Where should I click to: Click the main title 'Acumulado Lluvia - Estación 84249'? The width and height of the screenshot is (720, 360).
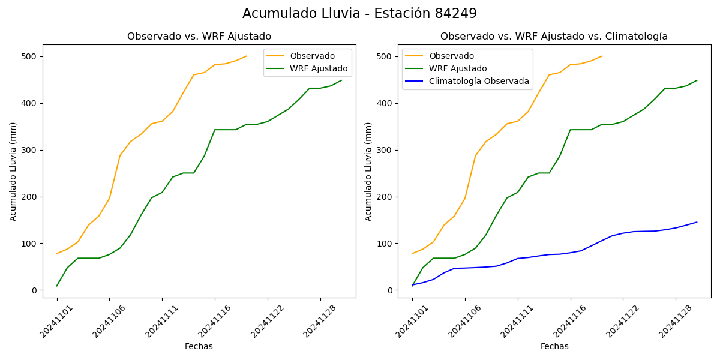click(359, 14)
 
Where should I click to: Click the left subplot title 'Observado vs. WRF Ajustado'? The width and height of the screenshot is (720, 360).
click(199, 37)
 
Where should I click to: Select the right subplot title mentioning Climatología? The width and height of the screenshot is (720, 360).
click(554, 37)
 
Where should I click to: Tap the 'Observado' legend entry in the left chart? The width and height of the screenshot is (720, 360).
click(312, 56)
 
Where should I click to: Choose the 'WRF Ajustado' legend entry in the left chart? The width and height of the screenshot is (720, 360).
click(319, 69)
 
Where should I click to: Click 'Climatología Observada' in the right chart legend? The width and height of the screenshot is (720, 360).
click(479, 82)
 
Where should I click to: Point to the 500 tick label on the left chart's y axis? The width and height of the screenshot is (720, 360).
click(30, 56)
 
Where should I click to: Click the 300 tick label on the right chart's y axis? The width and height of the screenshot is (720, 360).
click(385, 150)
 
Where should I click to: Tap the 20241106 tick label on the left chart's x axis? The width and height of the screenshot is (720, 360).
click(96, 323)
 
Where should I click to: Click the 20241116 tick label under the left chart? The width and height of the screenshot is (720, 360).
click(202, 323)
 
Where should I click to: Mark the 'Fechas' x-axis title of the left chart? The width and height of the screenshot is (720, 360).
click(199, 347)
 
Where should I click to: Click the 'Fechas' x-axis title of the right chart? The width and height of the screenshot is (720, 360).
click(554, 347)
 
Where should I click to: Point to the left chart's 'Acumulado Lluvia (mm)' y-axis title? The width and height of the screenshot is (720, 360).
click(13, 171)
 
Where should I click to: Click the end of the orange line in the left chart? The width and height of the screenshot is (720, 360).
click(247, 56)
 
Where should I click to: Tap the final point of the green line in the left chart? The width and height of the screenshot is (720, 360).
click(341, 80)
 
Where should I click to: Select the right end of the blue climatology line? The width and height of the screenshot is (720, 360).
click(697, 222)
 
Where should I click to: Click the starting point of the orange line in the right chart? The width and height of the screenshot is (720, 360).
click(412, 253)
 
